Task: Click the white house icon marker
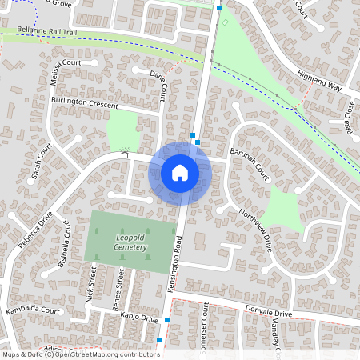click(180, 173)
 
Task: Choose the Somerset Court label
click(206, 326)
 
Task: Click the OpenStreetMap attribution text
click(80, 354)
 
